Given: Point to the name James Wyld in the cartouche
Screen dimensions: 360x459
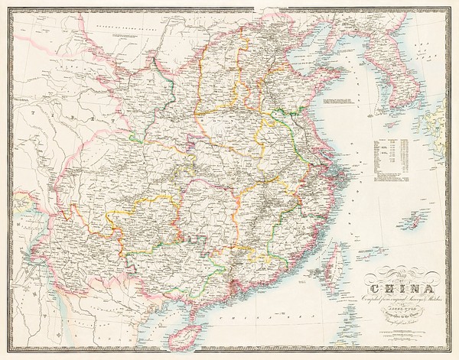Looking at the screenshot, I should click(x=396, y=307).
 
